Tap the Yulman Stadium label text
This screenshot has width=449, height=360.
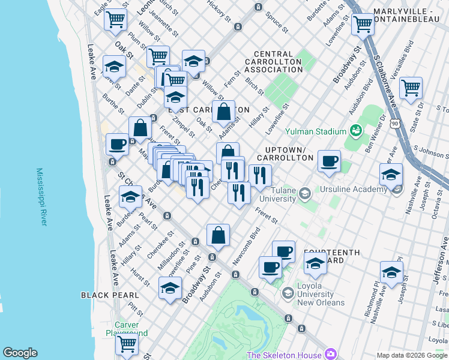click(316, 131)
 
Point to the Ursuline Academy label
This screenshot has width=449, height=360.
click(355, 190)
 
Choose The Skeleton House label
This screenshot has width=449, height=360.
click(284, 355)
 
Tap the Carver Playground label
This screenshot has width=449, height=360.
click(127, 329)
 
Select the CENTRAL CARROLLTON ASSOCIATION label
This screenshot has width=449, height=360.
click(274, 62)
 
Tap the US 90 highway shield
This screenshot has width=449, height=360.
click(394, 123)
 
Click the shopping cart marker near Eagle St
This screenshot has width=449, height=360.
click(115, 19)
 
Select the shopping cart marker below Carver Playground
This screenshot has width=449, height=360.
click(127, 344)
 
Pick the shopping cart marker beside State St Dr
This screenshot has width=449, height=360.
click(411, 88)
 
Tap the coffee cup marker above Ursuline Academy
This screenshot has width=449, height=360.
click(329, 161)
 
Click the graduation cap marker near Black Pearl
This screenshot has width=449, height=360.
click(170, 287)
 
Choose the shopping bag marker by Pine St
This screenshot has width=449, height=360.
click(218, 235)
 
